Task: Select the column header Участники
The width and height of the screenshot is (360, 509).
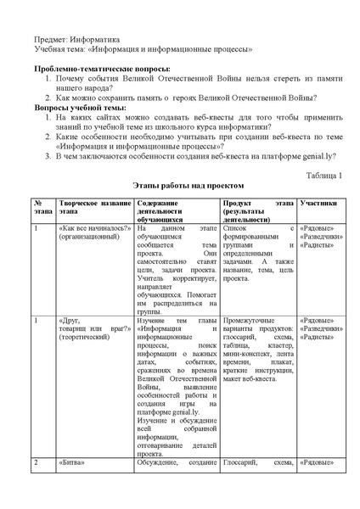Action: [x=318, y=204]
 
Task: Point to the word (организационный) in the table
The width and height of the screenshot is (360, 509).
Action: [x=89, y=238]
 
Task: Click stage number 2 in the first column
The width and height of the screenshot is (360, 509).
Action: [x=36, y=462]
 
